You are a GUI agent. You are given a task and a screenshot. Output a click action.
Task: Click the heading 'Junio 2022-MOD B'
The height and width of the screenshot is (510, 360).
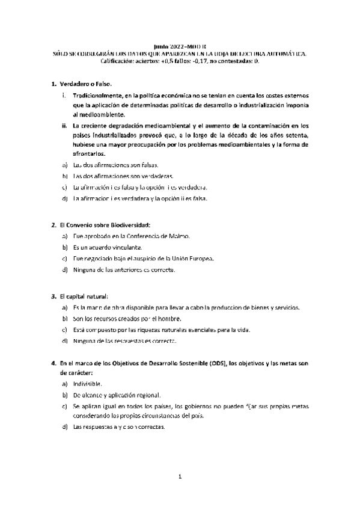click(180, 45)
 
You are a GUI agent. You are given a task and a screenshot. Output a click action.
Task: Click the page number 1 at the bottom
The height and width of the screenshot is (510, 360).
click(180, 478)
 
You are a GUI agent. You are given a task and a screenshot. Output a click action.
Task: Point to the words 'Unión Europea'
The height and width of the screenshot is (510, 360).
click(191, 259)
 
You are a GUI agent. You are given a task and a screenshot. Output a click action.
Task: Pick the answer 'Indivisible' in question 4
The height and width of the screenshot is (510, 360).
click(87, 384)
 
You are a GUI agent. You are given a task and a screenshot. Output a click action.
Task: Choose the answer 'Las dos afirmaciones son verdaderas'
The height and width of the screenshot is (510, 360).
click(123, 176)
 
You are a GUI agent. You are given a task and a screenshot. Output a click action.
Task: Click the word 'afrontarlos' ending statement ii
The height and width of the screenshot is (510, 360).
click(90, 153)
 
